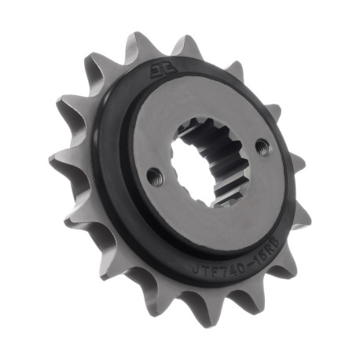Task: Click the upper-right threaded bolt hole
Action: coord(262,145)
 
